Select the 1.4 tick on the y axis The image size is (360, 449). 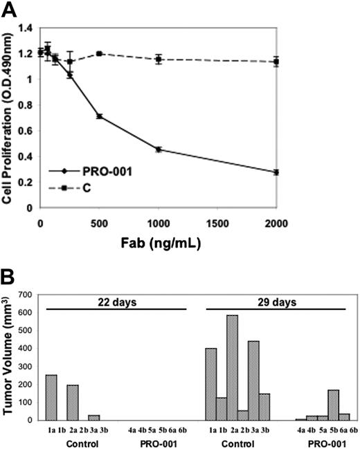(29, 28)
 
